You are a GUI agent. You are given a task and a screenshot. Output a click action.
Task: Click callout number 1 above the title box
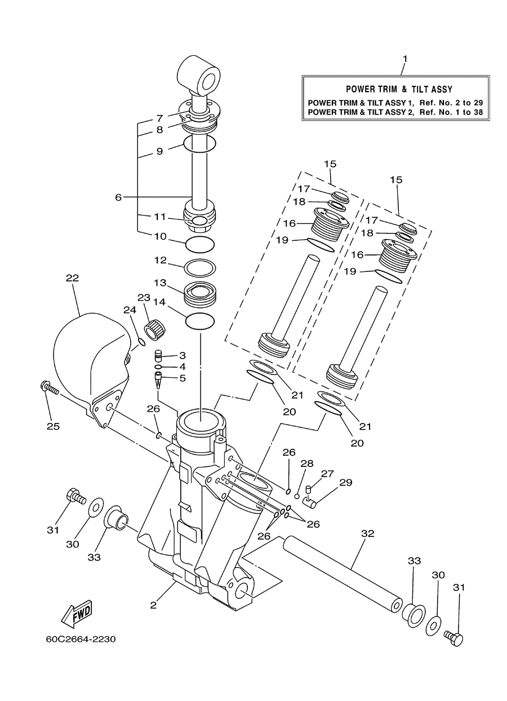click(405, 59)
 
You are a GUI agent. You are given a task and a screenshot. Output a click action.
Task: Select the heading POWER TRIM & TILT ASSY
click(399, 89)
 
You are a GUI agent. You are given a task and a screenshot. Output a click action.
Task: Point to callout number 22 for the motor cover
click(73, 278)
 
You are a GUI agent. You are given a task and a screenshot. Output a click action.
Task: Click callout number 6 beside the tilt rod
click(118, 197)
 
